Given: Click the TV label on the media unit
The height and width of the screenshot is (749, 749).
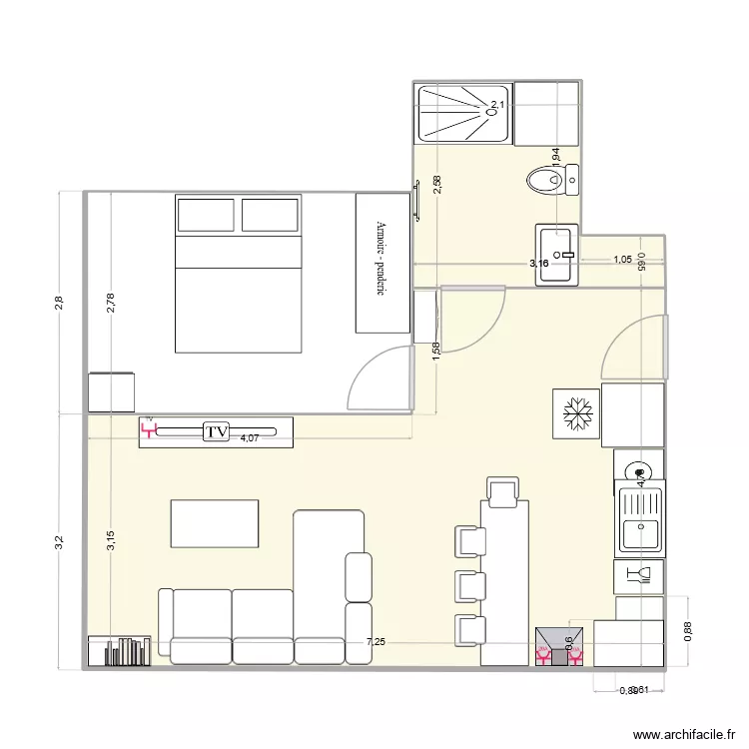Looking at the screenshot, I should [x=216, y=431].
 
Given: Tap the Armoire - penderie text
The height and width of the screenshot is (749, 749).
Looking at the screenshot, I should [x=380, y=260].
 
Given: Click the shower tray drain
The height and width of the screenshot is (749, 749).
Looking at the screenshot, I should [x=491, y=112].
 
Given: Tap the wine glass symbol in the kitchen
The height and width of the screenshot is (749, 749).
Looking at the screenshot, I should [x=635, y=573].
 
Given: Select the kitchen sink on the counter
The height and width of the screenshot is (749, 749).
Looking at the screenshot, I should [x=637, y=519].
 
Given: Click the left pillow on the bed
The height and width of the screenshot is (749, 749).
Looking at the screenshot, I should [x=206, y=215].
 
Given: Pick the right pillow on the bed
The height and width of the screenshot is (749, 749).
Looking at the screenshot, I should [x=270, y=215].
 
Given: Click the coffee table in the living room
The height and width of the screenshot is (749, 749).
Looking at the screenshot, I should [x=215, y=523].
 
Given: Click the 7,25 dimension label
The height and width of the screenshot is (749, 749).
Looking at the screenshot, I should [x=375, y=642].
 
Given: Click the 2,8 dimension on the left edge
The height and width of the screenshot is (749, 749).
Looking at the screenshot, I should [x=59, y=302].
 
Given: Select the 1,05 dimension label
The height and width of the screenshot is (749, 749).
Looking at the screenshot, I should [x=621, y=260].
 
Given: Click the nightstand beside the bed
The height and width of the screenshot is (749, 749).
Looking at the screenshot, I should [x=111, y=391].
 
